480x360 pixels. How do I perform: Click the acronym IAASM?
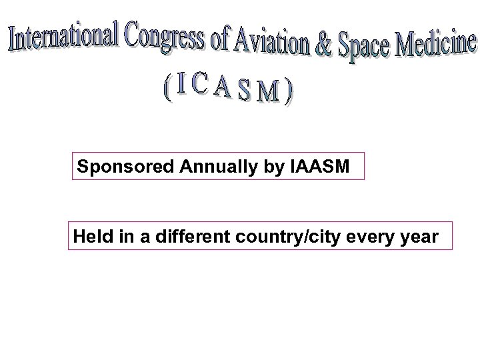point(319,167)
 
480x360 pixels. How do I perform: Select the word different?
point(181,236)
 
